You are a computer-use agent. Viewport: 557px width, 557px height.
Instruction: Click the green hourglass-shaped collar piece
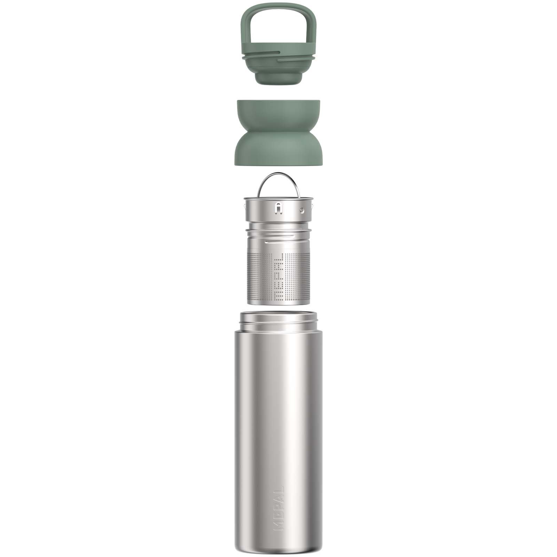(278, 132)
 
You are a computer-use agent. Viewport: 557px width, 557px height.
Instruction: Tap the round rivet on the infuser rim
(301, 210)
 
